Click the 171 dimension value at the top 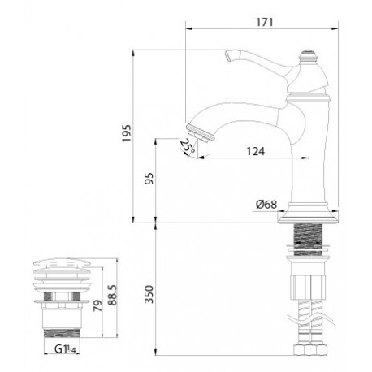(x=265, y=22)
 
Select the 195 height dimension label (x=127, y=133)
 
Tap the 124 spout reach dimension (x=256, y=151)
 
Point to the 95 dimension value (x=149, y=178)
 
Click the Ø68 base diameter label (x=266, y=205)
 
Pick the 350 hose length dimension (x=149, y=294)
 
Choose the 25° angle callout (x=187, y=145)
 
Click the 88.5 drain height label (x=112, y=295)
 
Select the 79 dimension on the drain (x=97, y=305)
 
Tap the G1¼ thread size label (x=65, y=349)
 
